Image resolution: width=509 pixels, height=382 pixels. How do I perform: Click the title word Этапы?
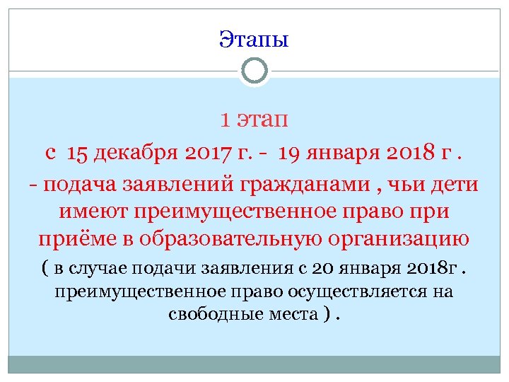pyautogui.click(x=254, y=38)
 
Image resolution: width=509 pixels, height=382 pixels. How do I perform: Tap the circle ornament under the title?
pyautogui.click(x=254, y=70)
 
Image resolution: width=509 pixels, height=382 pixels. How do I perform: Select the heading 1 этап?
pyautogui.click(x=254, y=120)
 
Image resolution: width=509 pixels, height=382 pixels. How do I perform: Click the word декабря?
pyautogui.click(x=137, y=152)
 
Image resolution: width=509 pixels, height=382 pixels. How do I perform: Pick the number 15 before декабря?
pyautogui.click(x=79, y=152)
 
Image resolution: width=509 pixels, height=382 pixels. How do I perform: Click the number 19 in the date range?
pyautogui.click(x=289, y=152)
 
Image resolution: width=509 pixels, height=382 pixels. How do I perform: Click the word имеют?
pyautogui.click(x=94, y=211)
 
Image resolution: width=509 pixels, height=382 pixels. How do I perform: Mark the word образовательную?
pyautogui.click(x=242, y=238)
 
